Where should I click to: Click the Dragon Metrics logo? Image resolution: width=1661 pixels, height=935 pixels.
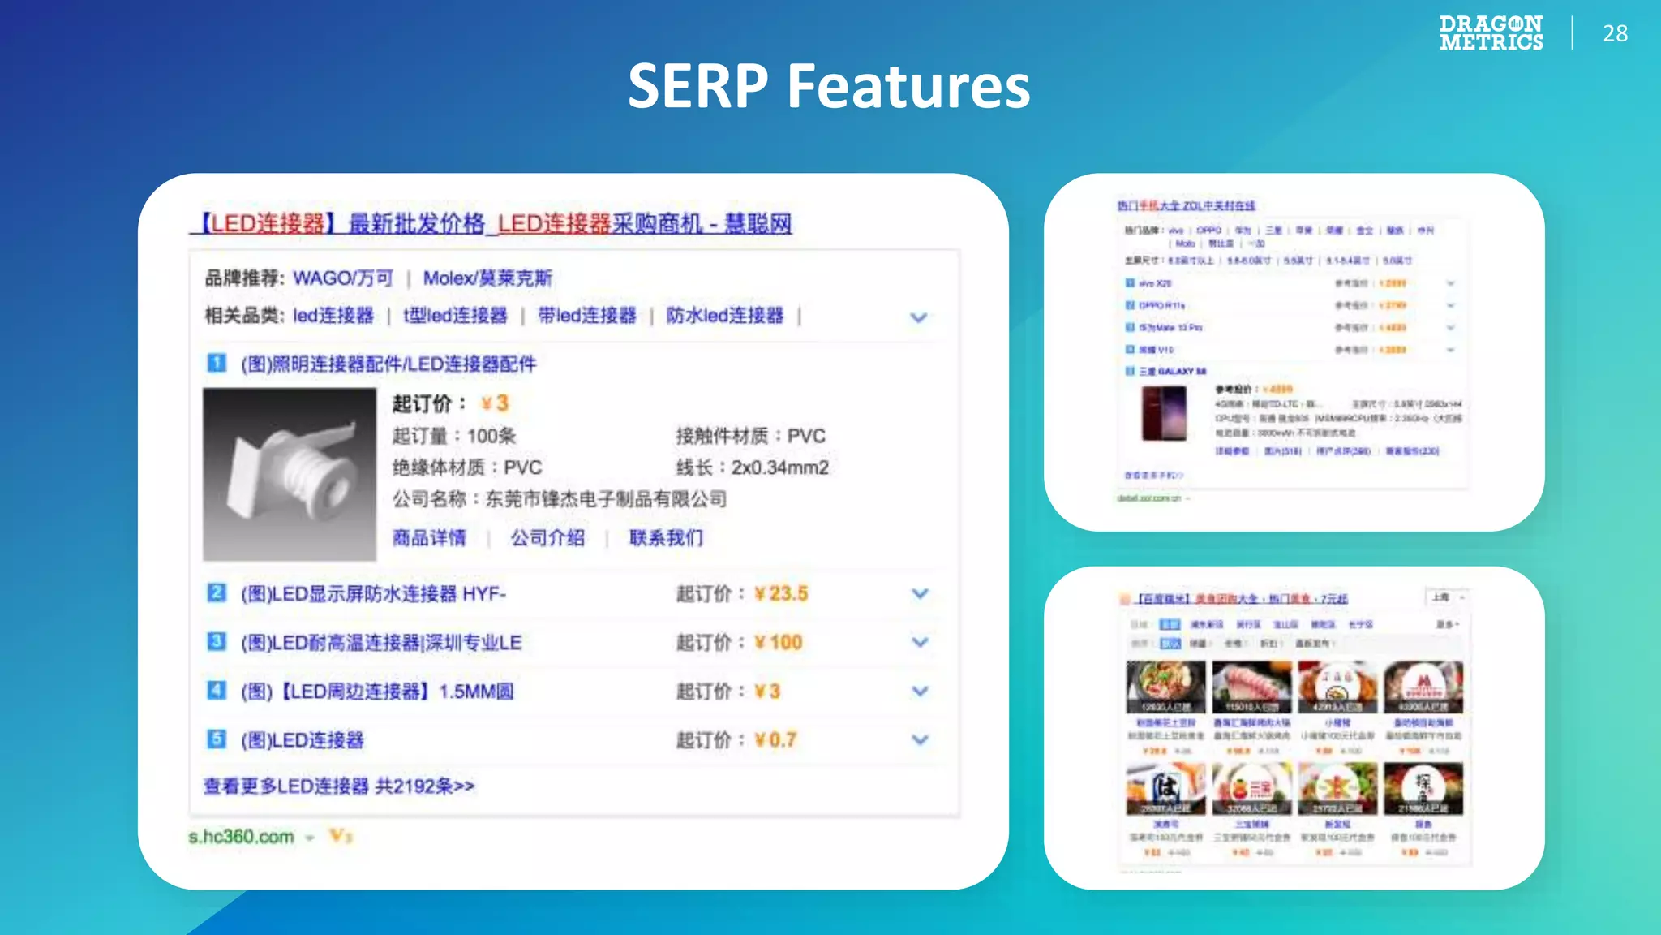[x=1491, y=33]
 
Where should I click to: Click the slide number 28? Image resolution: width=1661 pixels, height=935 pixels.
[x=1615, y=33]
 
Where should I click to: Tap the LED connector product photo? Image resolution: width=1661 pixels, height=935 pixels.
[x=290, y=474]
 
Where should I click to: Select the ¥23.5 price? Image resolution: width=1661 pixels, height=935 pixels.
[x=781, y=593]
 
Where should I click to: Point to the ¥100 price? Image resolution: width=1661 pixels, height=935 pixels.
[x=779, y=642]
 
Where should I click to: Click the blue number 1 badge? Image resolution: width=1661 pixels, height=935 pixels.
[x=217, y=363]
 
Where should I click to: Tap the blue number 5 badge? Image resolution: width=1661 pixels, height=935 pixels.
[x=217, y=739]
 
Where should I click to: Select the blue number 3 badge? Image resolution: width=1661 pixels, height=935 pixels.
[x=217, y=641]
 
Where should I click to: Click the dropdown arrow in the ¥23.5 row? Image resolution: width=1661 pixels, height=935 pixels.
[x=920, y=593]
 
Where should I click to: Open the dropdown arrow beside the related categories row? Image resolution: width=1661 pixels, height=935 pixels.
[x=918, y=317]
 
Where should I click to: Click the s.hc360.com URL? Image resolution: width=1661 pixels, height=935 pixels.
[x=241, y=837]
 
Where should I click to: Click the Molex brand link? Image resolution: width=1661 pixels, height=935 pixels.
[x=487, y=278]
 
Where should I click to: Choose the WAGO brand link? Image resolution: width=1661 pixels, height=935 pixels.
[x=343, y=278]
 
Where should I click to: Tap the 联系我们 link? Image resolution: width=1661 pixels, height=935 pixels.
[x=666, y=537]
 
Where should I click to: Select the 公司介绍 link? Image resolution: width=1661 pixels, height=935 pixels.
[x=547, y=537]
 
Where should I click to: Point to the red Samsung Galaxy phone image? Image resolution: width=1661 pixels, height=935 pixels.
[x=1164, y=413]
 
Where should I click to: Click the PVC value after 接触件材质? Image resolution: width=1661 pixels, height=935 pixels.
[x=806, y=436]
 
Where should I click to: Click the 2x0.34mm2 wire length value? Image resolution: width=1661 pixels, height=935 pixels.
[x=780, y=467]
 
